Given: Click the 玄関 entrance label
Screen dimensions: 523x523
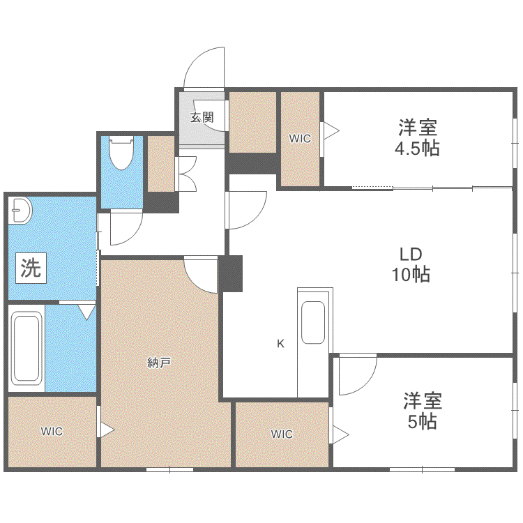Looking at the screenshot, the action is (202, 117).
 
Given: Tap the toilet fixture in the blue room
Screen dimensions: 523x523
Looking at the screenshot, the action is (122, 153).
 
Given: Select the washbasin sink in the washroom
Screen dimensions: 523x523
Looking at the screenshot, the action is (20, 211).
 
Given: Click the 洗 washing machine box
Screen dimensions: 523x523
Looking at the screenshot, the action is (31, 268).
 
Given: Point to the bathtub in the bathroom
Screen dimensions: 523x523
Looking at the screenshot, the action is (26, 348).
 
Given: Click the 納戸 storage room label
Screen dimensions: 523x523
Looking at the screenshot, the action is (159, 363).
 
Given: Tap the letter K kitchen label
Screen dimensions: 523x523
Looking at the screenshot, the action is (280, 343).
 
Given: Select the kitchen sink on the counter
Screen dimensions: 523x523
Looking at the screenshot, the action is (313, 323).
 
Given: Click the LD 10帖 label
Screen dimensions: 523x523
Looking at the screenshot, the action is (411, 264).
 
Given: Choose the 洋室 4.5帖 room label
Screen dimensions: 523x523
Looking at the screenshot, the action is (417, 137).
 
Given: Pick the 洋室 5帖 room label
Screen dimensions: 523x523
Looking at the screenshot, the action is (423, 411).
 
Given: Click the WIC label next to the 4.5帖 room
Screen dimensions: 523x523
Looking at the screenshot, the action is (300, 139).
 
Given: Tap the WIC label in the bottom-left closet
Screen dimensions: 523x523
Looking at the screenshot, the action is (52, 431).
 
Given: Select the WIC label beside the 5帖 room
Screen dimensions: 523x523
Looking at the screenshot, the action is (282, 434).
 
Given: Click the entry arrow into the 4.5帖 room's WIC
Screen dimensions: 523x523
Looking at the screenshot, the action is (331, 130).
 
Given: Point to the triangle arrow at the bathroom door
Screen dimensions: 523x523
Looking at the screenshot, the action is (86, 312).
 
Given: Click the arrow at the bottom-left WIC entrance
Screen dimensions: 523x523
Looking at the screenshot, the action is (107, 430).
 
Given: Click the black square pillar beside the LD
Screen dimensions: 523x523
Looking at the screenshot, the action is (231, 273).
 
